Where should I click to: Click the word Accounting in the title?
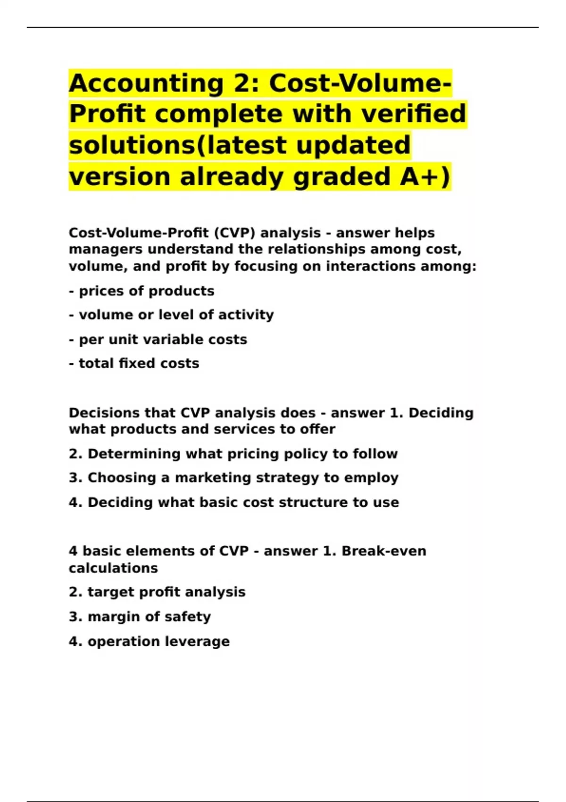[146, 84]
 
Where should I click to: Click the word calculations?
[113, 568]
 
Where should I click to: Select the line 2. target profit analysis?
[157, 592]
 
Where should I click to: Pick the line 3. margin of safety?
[140, 617]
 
